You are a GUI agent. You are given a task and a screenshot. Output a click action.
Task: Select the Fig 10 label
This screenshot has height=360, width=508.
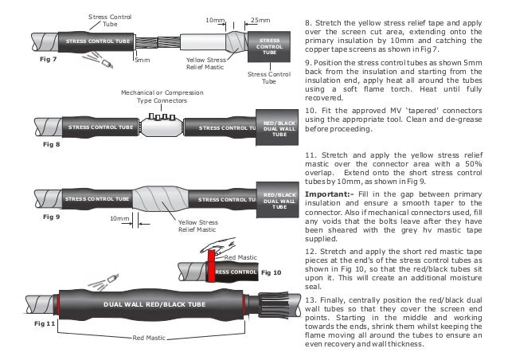click(x=269, y=273)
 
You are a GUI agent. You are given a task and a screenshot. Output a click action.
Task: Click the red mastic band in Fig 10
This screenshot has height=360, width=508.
click(x=212, y=272)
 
